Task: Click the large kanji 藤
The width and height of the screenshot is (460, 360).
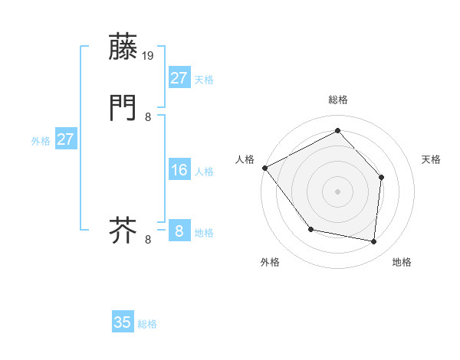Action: tap(123, 47)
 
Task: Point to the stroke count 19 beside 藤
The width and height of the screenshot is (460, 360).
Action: tap(149, 56)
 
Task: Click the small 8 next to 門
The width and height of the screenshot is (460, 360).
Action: tap(148, 117)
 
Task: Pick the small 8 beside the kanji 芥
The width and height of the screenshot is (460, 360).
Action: tap(148, 240)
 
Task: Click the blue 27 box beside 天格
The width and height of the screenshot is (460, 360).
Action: tap(179, 77)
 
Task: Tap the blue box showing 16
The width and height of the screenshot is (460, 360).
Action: tap(179, 170)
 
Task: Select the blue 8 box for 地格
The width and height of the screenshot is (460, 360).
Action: tap(179, 231)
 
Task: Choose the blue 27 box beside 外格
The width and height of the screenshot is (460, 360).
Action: tap(65, 139)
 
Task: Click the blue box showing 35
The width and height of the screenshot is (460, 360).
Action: tap(123, 322)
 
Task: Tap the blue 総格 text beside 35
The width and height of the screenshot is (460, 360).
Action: tap(147, 324)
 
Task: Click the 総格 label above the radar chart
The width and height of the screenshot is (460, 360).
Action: tap(337, 100)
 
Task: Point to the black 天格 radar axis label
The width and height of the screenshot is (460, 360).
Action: tap(432, 159)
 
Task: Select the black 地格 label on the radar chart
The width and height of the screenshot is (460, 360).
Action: tap(402, 262)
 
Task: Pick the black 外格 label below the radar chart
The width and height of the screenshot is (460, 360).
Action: tap(270, 262)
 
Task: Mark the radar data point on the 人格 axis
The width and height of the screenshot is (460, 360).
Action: tap(264, 168)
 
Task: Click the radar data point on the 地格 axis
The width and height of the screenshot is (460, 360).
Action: tap(373, 241)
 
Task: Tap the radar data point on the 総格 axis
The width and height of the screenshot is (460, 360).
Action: tap(337, 130)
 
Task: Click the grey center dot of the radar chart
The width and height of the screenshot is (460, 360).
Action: tap(337, 191)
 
